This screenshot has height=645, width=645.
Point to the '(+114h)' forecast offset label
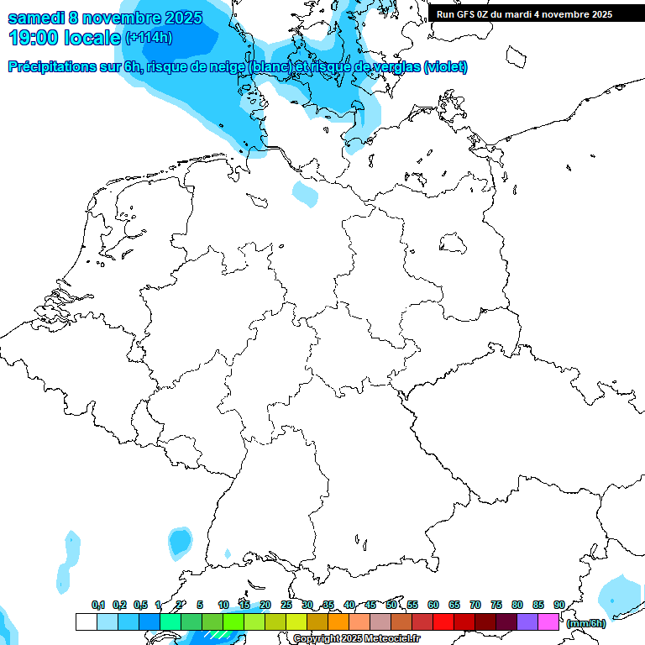[149, 38]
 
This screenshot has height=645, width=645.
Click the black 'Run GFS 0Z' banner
[525, 14]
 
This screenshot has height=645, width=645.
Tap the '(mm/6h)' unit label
[585, 623]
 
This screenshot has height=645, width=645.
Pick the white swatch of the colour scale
[86, 621]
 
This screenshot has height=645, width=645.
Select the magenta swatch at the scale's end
[548, 621]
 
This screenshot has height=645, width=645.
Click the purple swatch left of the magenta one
[527, 621]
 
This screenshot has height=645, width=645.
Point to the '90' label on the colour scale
[559, 605]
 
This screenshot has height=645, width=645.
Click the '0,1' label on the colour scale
[97, 605]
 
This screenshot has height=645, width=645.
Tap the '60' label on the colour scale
[433, 605]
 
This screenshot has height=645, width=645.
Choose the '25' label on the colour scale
[286, 605]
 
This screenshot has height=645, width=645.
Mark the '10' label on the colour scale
[223, 605]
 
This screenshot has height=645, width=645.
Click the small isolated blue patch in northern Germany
[306, 194]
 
